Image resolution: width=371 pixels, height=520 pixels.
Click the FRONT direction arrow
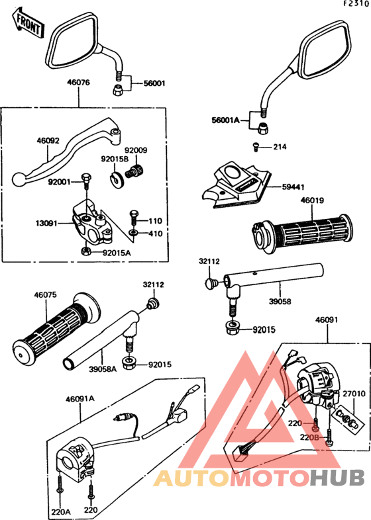click(x=28, y=22)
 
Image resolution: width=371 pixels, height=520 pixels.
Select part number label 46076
click(x=78, y=82)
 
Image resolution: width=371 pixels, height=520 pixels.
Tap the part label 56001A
click(x=225, y=120)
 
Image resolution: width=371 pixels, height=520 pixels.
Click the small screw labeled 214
click(x=256, y=147)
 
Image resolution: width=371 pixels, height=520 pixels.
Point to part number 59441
click(x=293, y=187)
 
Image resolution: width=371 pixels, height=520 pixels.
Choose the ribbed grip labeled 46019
click(x=301, y=234)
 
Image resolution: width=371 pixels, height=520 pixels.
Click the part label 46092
click(x=48, y=141)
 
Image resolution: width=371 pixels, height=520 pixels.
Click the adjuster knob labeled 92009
click(x=135, y=171)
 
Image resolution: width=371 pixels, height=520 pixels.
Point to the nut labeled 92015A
click(x=86, y=251)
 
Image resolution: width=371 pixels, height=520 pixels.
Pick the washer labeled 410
click(x=133, y=233)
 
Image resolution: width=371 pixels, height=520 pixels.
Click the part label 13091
click(x=46, y=224)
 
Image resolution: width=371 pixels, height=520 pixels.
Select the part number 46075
click(x=45, y=295)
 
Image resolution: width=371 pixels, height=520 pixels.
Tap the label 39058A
click(x=103, y=368)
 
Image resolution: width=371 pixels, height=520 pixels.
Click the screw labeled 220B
click(x=329, y=436)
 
